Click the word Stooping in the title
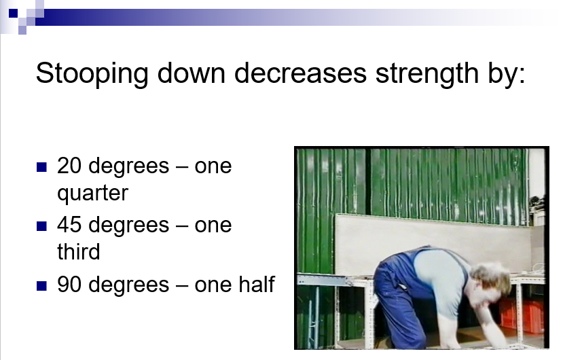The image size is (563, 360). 92,73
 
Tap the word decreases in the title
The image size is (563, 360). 301,73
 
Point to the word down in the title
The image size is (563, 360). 192,73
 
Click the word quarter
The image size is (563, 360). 92,194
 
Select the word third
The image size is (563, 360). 79,251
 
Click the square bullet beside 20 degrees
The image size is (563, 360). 41,167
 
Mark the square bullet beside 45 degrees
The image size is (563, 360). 41,226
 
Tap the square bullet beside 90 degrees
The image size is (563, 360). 41,286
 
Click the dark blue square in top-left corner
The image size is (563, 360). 14,14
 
